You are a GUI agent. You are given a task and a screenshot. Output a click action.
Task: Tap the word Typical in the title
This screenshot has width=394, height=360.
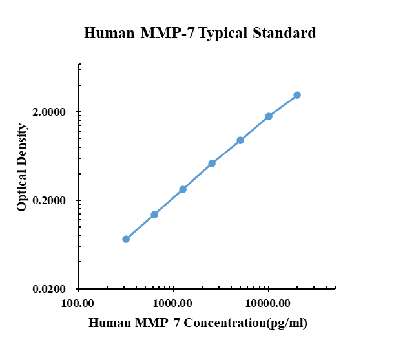223,33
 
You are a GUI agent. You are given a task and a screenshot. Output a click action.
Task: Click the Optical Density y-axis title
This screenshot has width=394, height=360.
23,167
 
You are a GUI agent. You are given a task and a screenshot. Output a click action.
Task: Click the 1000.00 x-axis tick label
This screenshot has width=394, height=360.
173,302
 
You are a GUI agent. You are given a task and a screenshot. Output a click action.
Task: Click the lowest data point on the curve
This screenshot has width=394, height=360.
126,239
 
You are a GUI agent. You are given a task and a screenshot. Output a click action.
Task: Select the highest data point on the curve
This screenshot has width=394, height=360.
297,95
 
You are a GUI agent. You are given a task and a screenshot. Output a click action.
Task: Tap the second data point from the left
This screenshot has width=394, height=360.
154,215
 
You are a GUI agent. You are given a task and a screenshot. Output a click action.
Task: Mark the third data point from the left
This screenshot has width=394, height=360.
183,189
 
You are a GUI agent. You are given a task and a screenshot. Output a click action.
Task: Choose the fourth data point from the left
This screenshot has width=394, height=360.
212,164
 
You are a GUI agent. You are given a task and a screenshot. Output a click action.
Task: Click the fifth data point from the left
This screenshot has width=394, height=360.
240,140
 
